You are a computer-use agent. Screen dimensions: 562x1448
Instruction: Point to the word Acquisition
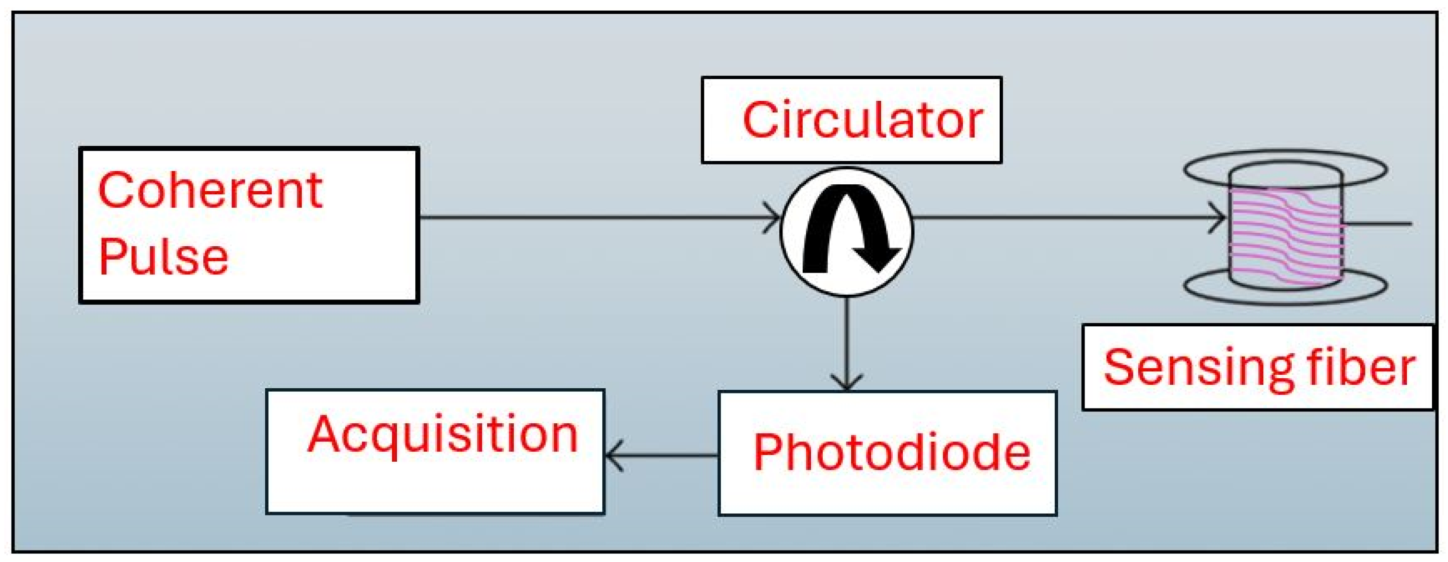(x=443, y=434)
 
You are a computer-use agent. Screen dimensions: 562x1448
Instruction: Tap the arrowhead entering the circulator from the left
(x=772, y=217)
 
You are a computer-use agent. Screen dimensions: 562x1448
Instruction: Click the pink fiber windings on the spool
(x=1285, y=236)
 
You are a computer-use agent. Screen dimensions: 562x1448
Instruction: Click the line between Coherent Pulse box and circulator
(x=590, y=217)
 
